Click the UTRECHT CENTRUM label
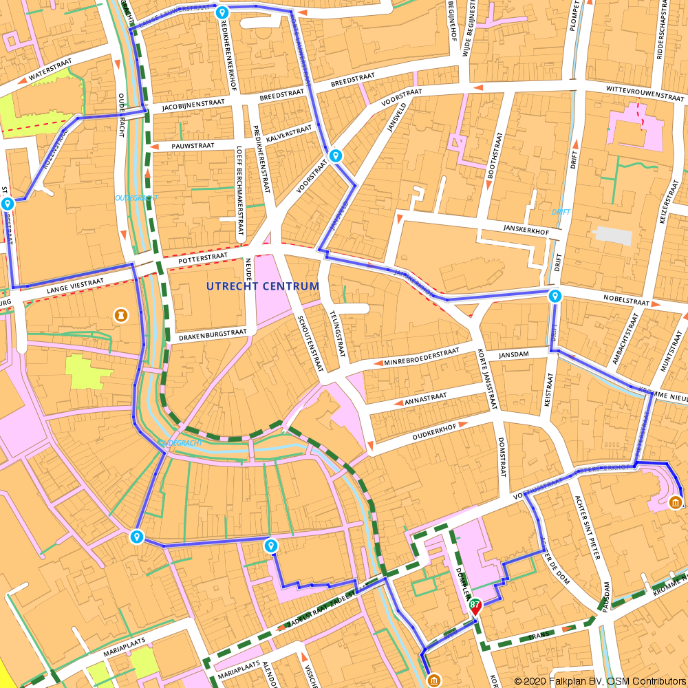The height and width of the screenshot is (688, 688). pyautogui.click(x=263, y=286)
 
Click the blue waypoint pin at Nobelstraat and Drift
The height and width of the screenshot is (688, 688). pyautogui.click(x=555, y=297)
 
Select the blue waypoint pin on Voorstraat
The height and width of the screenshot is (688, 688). pyautogui.click(x=335, y=155)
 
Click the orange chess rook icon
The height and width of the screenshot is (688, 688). pyautogui.click(x=121, y=315)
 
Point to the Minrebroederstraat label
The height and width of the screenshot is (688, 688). pyautogui.click(x=422, y=356)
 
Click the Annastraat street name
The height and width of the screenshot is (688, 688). pyautogui.click(x=427, y=398)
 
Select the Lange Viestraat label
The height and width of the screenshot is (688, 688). pyautogui.click(x=75, y=286)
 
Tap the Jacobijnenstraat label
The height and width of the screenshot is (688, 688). pyautogui.click(x=193, y=105)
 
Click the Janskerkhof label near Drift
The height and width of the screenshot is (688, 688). pyautogui.click(x=526, y=232)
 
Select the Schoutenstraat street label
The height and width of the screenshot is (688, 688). pyautogui.click(x=309, y=344)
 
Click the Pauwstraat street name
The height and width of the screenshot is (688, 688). pyautogui.click(x=193, y=146)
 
